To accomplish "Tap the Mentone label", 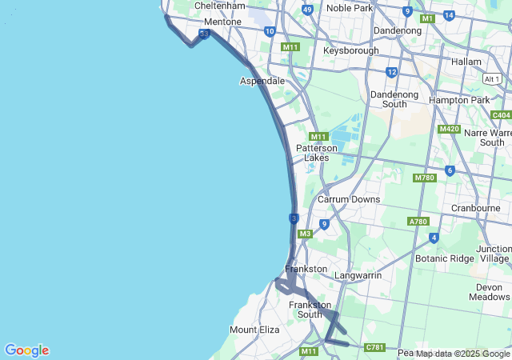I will (x=222, y=22).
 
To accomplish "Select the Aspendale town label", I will (x=262, y=81).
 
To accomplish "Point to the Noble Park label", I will (x=350, y=8).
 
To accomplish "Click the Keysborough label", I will (x=350, y=50).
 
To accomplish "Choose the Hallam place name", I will (x=466, y=62).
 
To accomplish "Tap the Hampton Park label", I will (x=458, y=100).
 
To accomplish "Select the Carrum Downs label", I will (x=349, y=198).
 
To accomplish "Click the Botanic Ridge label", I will (x=445, y=258).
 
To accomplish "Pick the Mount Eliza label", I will (x=254, y=330).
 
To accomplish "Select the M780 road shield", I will (x=424, y=178).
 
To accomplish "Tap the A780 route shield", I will (x=418, y=222).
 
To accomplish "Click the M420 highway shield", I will (x=449, y=129).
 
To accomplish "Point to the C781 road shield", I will (x=374, y=347).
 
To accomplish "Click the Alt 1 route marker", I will (x=492, y=78).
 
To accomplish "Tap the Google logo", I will (x=26, y=350).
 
